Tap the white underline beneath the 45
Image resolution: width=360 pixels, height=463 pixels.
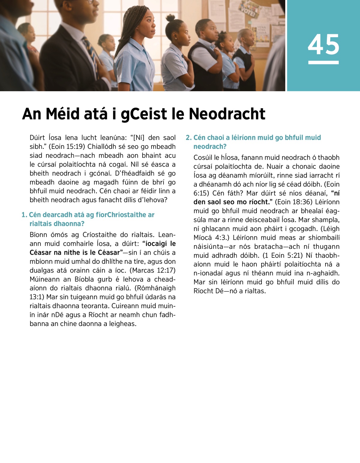323,62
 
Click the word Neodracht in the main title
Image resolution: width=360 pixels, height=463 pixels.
227,114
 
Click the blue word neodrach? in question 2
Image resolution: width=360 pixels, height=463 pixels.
210,147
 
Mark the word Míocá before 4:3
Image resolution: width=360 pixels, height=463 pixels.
202,238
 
